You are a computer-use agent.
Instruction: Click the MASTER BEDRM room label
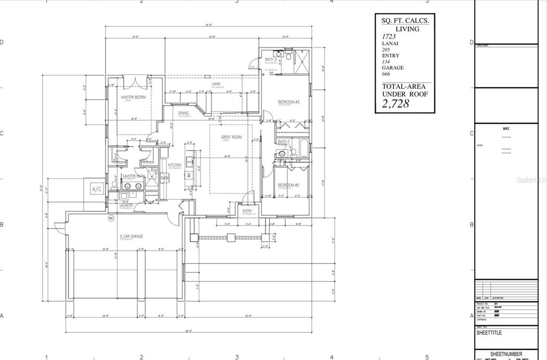click(x=134, y=97)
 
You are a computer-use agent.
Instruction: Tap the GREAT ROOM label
click(x=232, y=137)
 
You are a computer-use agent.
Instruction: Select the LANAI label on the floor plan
click(x=216, y=84)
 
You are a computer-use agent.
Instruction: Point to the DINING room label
click(x=183, y=113)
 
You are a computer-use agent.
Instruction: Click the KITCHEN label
click(x=175, y=165)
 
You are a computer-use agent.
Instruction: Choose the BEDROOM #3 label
click(x=288, y=101)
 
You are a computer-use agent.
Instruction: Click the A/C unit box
click(x=97, y=189)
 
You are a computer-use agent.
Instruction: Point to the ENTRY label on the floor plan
click(x=247, y=211)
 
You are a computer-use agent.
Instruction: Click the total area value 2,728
click(x=395, y=104)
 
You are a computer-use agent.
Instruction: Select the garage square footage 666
click(x=386, y=74)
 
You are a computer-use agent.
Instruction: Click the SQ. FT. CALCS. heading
click(x=404, y=21)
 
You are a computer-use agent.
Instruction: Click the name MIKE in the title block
click(x=506, y=129)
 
